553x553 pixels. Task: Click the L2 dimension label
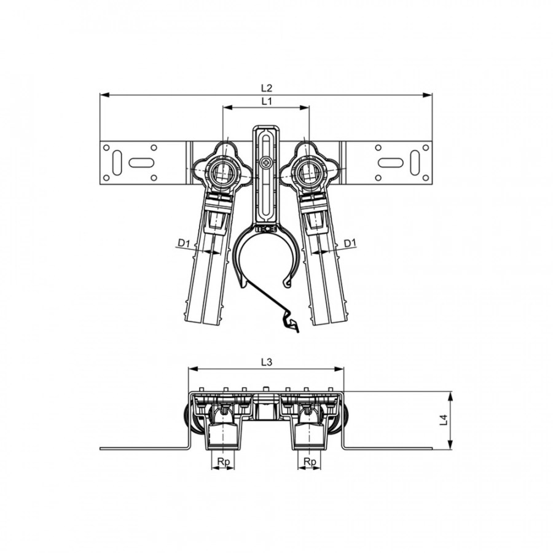click(x=267, y=88)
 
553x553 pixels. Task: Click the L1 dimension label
click(x=267, y=101)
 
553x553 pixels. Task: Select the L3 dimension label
click(x=267, y=362)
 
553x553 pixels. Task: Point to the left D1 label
click(x=184, y=243)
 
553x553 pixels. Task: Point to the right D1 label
click(x=350, y=243)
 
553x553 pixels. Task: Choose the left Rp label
click(x=223, y=461)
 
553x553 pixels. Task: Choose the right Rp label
click(x=310, y=461)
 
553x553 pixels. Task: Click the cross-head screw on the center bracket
click(x=265, y=163)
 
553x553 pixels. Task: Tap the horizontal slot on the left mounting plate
click(x=141, y=163)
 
